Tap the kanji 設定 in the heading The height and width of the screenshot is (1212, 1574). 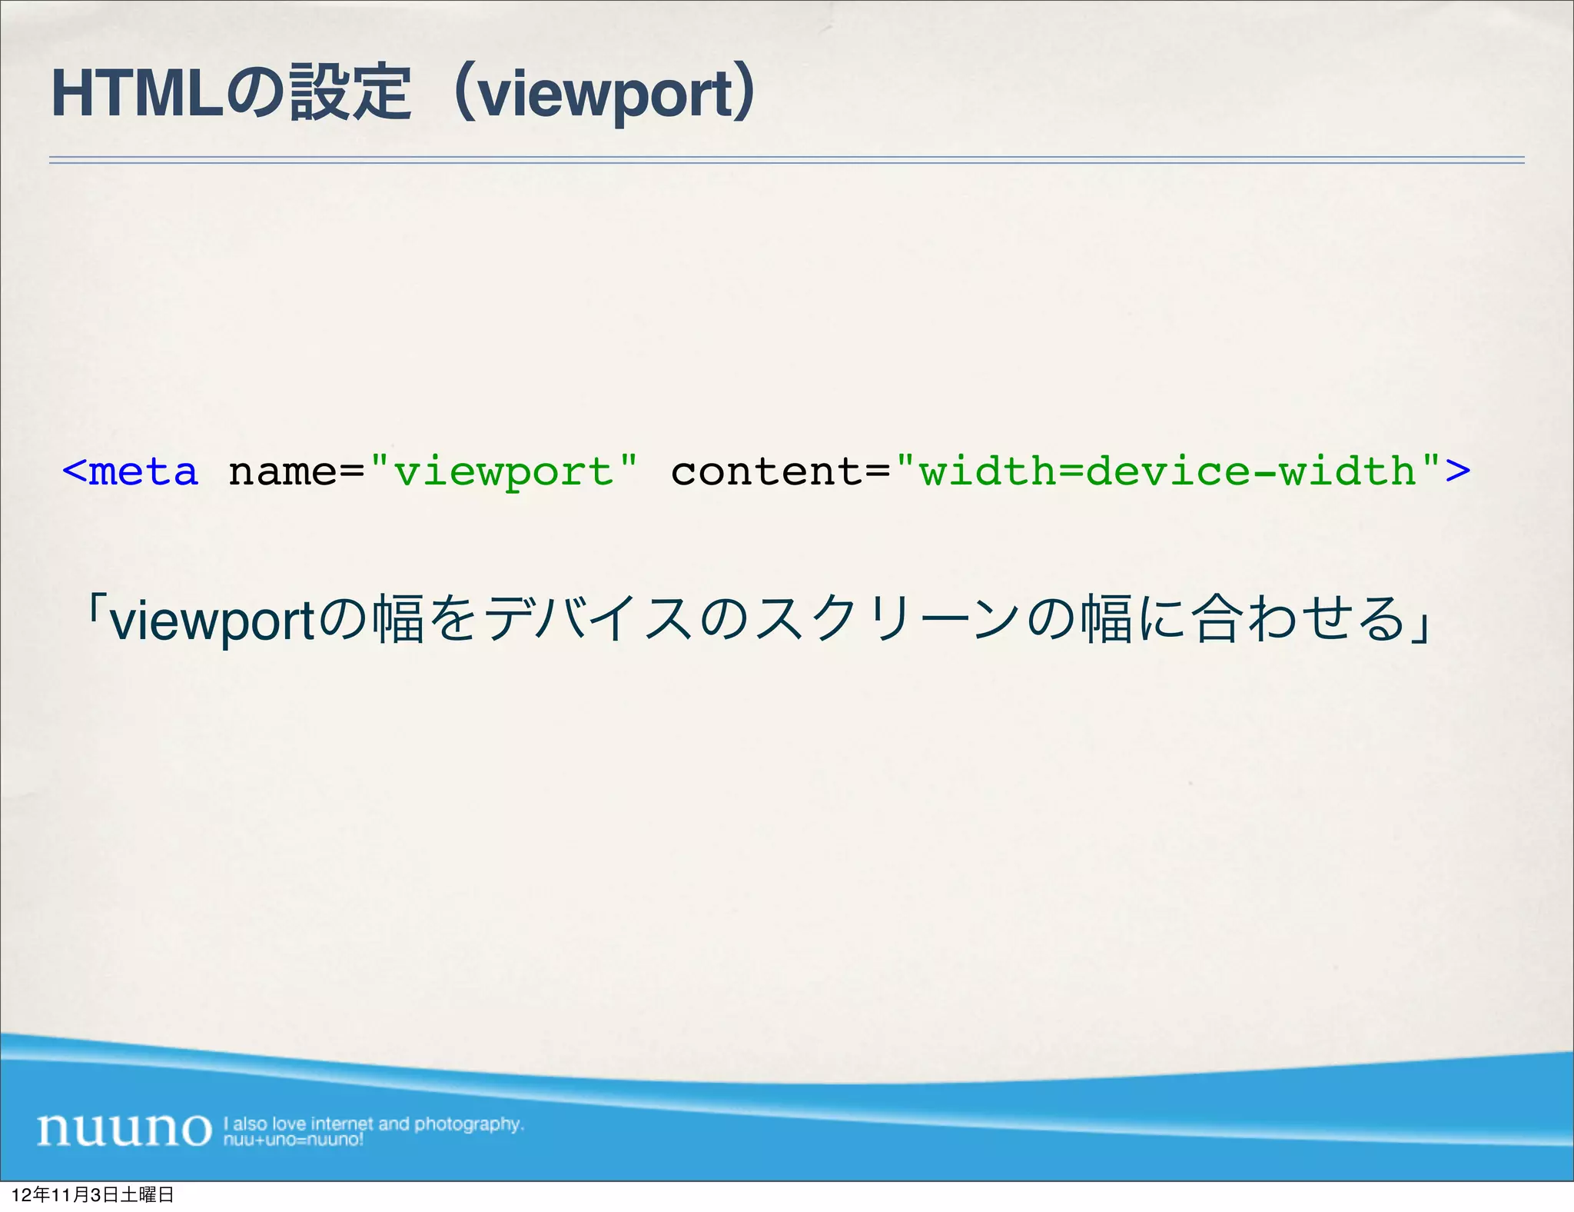pos(350,95)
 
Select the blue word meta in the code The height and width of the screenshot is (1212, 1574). pos(144,471)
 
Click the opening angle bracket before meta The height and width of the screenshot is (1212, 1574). pos(74,471)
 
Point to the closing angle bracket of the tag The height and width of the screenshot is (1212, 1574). pos(1458,471)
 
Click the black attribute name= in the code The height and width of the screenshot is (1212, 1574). pos(296,471)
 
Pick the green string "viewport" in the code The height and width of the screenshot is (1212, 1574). pos(503,471)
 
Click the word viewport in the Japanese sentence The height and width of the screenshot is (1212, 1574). pos(212,620)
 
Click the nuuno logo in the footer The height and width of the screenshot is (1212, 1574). pos(124,1130)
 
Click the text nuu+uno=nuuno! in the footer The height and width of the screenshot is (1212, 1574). pos(293,1140)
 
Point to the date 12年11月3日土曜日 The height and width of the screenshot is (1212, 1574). pos(93,1195)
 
